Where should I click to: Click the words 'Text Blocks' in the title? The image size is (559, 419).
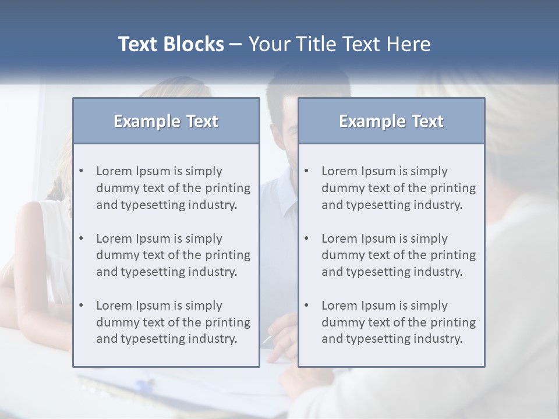coord(171,44)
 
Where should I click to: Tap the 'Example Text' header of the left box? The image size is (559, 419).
coord(166,121)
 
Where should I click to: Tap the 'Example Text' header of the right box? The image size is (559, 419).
coord(391,121)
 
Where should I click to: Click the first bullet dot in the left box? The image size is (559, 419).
coord(82,171)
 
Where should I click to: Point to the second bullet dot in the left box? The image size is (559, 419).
coord(82,239)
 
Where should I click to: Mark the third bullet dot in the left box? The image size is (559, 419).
coord(82,306)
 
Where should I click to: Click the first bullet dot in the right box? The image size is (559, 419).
coord(307,171)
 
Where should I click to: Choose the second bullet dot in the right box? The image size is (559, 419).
coord(307,239)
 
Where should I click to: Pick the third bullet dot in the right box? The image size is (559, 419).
coord(307,306)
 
